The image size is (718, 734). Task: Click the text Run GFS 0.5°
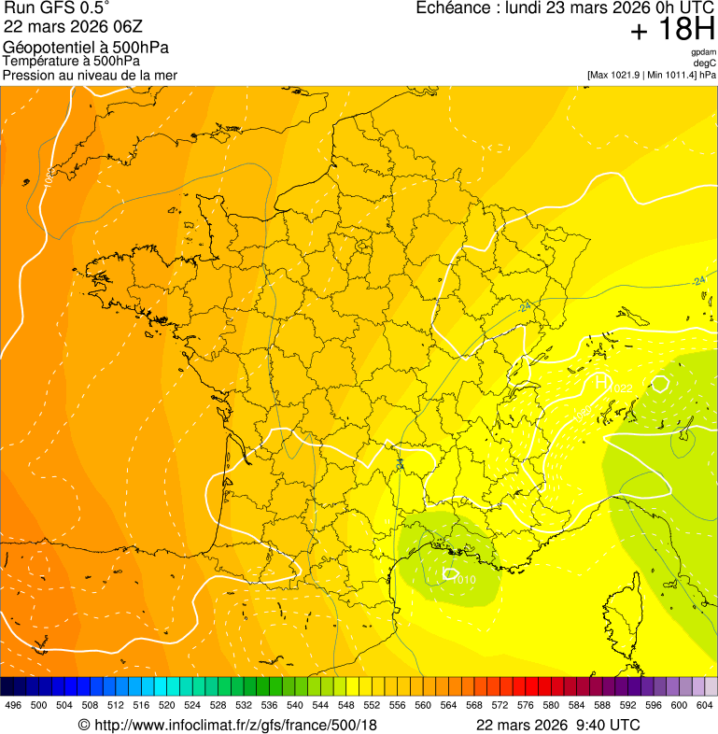click(x=57, y=8)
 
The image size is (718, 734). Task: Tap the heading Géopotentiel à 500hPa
click(x=87, y=48)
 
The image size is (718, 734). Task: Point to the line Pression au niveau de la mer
click(x=90, y=75)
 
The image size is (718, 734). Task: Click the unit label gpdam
click(x=704, y=52)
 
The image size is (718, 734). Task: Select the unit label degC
click(x=705, y=63)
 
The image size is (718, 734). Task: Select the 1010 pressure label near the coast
click(x=464, y=580)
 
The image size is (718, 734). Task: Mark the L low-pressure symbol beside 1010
click(x=449, y=573)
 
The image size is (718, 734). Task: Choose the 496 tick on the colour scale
click(x=13, y=706)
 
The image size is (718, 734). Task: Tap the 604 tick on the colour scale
click(x=705, y=706)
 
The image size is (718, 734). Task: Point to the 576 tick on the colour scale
click(x=526, y=706)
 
